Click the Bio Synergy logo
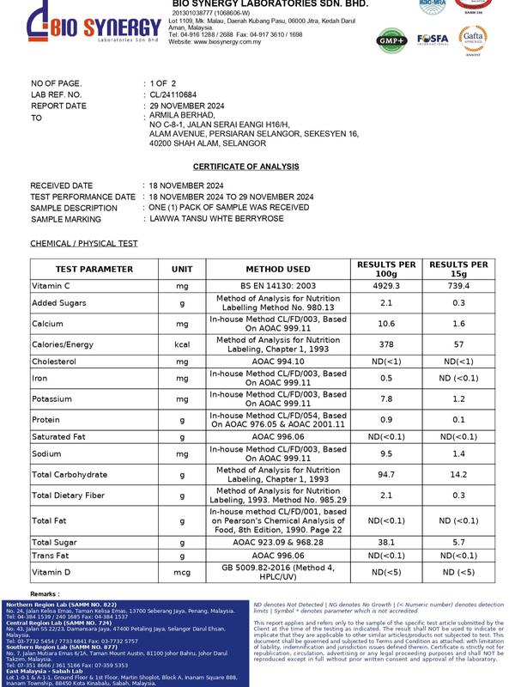(82, 24)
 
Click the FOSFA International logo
(433, 40)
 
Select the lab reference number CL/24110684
(179, 94)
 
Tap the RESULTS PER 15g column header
(458, 269)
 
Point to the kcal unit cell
(182, 343)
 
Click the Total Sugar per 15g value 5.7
(458, 543)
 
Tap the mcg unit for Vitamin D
(182, 572)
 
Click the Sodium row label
(47, 453)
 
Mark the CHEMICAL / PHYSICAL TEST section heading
(84, 244)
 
